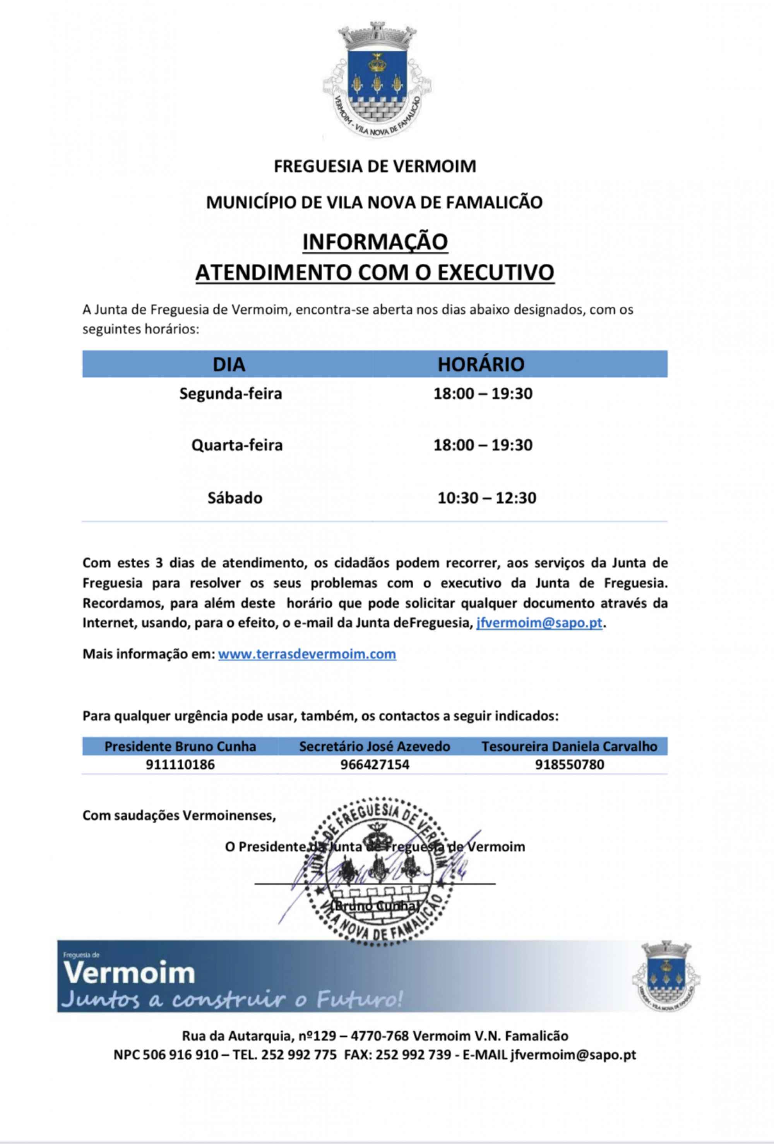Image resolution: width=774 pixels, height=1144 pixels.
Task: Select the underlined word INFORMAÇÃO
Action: pyautogui.click(x=375, y=242)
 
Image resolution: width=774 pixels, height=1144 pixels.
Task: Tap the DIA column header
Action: pyautogui.click(x=229, y=364)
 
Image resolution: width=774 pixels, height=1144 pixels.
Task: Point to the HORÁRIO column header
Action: pyautogui.click(x=481, y=364)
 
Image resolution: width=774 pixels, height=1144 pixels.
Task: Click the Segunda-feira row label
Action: pyautogui.click(x=230, y=394)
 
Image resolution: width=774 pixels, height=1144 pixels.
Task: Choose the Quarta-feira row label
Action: pyautogui.click(x=237, y=445)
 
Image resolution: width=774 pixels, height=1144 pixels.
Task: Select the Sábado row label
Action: pyautogui.click(x=235, y=498)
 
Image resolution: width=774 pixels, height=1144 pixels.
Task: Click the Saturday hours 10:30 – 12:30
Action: pyautogui.click(x=486, y=498)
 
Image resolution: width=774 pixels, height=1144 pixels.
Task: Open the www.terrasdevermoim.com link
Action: pyautogui.click(x=307, y=654)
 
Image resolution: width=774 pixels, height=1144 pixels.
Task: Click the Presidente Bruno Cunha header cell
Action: pyautogui.click(x=180, y=747)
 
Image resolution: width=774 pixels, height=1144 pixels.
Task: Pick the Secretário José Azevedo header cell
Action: pyautogui.click(x=375, y=747)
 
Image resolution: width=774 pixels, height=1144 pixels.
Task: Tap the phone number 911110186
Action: pyautogui.click(x=180, y=764)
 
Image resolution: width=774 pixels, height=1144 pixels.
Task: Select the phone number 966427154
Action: pyautogui.click(x=375, y=764)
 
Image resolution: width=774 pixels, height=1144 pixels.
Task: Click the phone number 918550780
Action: pyautogui.click(x=569, y=764)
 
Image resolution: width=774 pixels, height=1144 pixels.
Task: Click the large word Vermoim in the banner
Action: pyautogui.click(x=129, y=973)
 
